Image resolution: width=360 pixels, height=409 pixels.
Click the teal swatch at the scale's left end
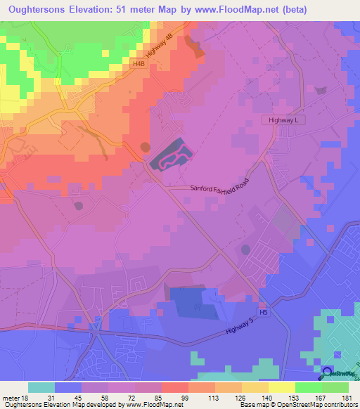point(41,387)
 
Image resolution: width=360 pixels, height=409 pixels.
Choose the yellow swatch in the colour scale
point(282,387)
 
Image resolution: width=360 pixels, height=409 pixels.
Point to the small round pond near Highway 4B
point(145,148)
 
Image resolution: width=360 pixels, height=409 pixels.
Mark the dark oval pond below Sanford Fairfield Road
point(245,249)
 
